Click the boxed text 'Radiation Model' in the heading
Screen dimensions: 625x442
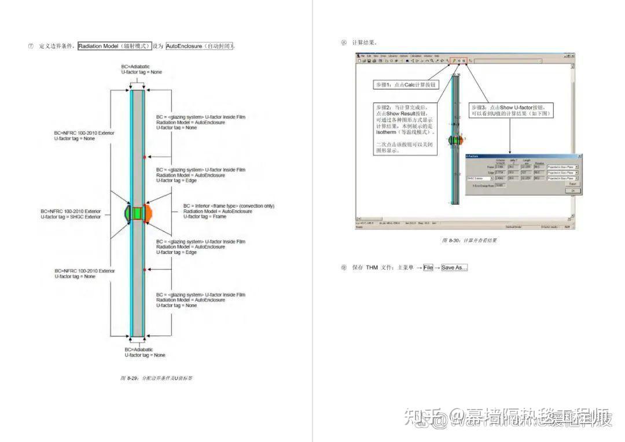(115, 46)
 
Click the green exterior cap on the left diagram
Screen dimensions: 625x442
(128, 212)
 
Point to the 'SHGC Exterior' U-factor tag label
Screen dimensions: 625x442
(70, 217)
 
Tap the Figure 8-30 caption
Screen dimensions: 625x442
(469, 241)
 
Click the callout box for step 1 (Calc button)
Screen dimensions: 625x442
(406, 85)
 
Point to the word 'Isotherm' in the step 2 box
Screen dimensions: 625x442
(387, 132)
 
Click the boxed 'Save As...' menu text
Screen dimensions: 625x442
(454, 267)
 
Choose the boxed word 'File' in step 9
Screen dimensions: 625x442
(428, 267)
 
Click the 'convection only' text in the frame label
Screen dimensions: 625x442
(254, 206)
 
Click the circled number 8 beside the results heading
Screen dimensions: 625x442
(343, 42)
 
